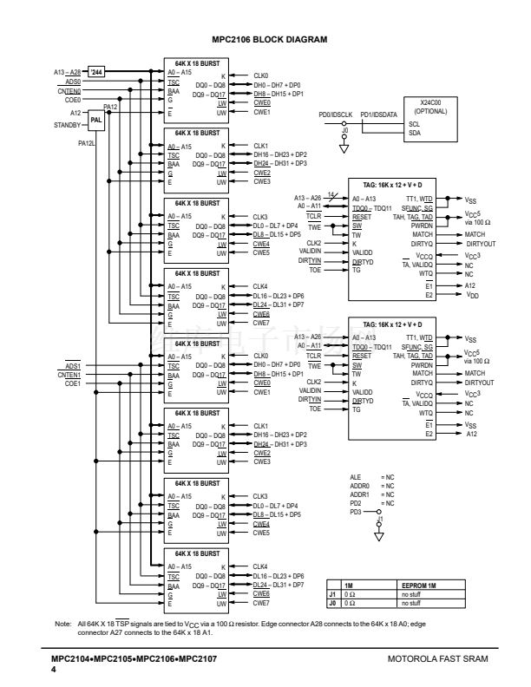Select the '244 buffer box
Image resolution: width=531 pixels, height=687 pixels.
pos(97,71)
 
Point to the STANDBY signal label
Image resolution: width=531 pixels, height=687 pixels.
pos(68,126)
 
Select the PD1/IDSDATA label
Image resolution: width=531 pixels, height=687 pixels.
pos(378,114)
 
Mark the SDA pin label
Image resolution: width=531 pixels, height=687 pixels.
pos(414,134)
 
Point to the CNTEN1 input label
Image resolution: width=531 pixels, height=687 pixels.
pos(70,374)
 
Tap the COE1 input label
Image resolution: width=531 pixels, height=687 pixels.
pos(73,383)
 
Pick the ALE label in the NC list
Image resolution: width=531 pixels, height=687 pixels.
pos(355,477)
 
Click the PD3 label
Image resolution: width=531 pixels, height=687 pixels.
pos(355,512)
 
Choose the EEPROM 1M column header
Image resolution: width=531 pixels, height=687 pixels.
pos(420,586)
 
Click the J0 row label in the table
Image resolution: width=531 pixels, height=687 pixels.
pos(332,602)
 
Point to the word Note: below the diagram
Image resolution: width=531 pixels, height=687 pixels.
pos(61,624)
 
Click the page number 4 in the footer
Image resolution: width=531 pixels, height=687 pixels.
pos(54,670)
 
